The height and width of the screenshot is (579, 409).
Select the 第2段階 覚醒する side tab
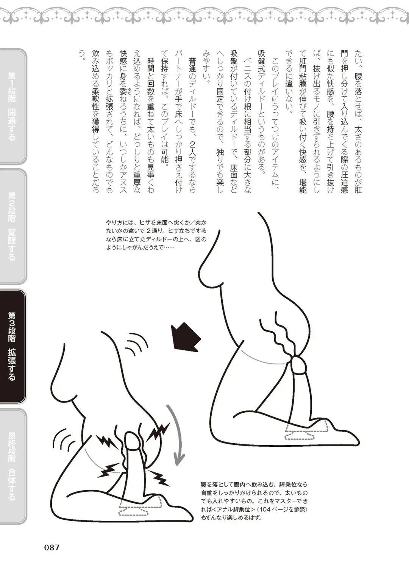(12, 226)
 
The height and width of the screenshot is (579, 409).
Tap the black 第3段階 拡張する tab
(12, 346)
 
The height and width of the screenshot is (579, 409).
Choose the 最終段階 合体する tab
(12, 466)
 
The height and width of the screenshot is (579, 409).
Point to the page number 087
(52, 547)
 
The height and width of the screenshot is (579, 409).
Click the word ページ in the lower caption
(286, 510)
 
